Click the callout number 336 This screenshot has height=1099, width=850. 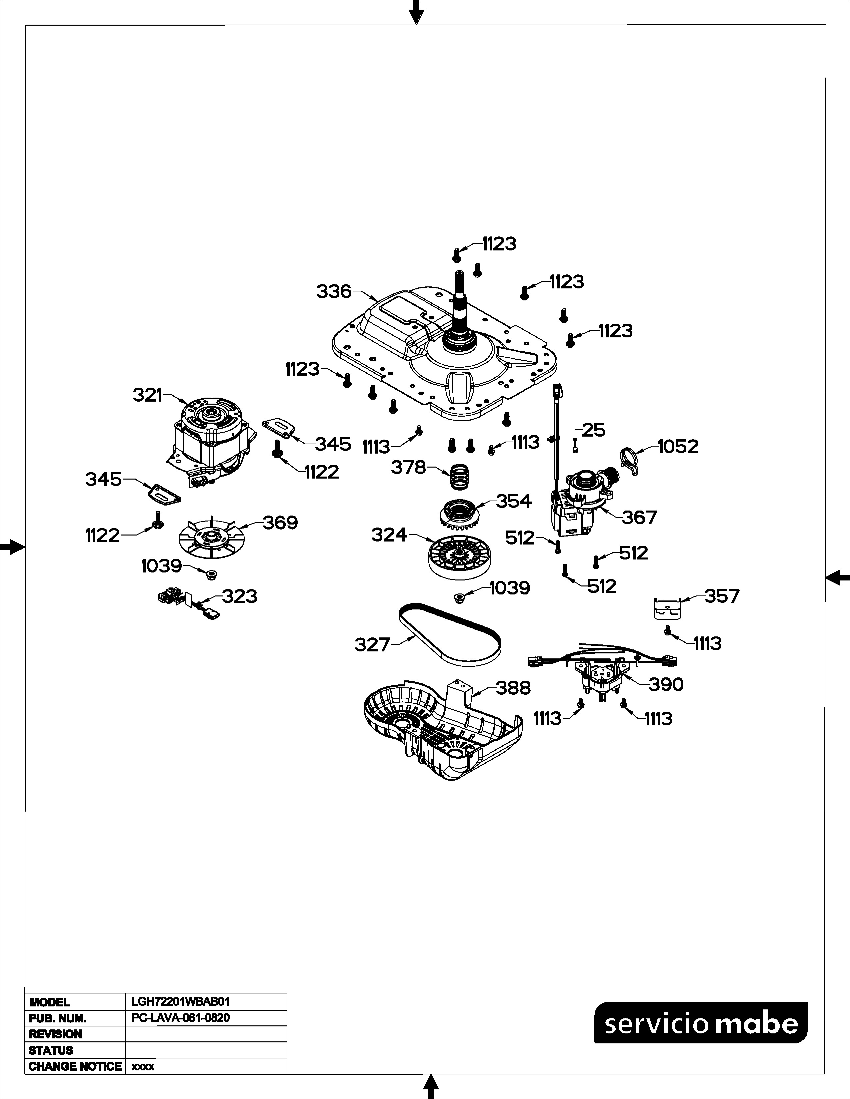click(333, 291)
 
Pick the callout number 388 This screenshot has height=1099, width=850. click(513, 688)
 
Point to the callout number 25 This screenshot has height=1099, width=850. click(594, 430)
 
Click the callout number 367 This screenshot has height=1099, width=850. click(639, 517)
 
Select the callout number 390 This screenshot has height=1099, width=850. click(666, 684)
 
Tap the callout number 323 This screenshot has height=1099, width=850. click(240, 596)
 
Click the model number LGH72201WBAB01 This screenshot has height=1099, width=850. click(180, 1002)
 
